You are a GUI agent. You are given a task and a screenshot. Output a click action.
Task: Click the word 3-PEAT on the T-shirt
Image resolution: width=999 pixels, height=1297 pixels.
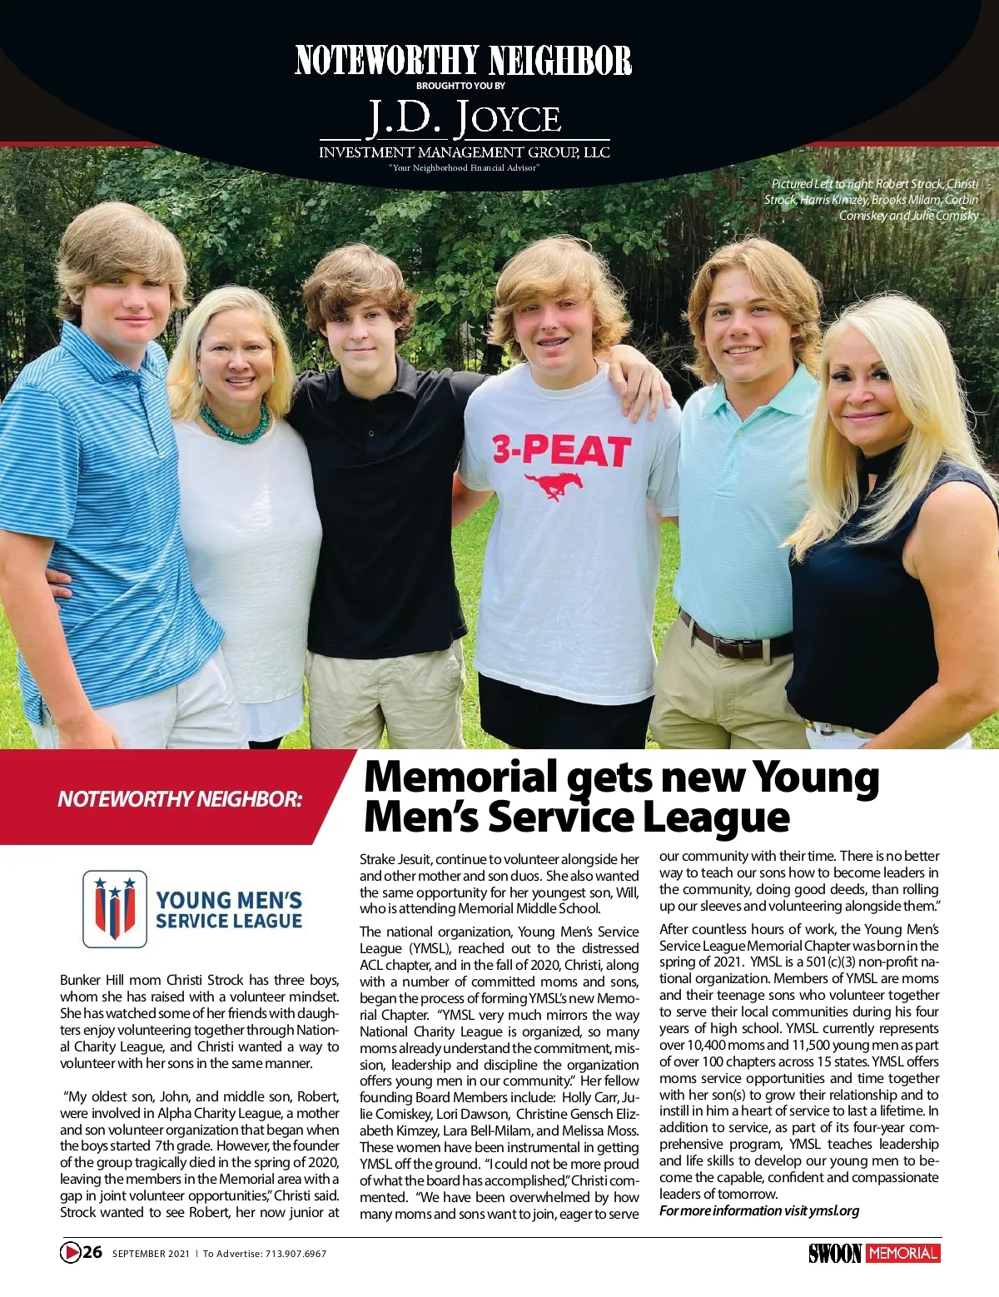point(560,450)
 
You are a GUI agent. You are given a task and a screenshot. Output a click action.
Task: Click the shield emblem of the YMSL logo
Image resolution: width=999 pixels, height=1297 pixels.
point(115,909)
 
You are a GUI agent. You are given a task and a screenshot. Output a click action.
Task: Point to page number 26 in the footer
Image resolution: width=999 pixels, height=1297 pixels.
point(92,1252)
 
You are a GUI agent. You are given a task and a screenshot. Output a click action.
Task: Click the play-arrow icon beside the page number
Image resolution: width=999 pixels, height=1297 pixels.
point(70,1252)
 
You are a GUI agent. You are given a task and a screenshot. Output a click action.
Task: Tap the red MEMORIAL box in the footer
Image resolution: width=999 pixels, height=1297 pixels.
point(902,1253)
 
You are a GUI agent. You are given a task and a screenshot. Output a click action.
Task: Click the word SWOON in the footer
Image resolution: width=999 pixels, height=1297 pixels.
point(834,1253)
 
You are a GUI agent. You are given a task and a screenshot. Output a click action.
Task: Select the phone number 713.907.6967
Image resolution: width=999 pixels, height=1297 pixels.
point(296,1254)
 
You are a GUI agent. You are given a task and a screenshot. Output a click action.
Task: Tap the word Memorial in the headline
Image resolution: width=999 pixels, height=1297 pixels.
point(460,777)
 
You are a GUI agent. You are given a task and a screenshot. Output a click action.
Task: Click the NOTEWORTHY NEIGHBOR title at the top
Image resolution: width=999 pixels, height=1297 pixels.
point(463,61)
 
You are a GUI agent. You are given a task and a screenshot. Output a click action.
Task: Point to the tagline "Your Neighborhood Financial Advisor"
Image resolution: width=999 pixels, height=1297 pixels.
point(465,168)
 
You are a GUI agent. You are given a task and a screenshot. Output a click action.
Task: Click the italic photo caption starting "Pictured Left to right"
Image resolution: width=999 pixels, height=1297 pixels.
point(872,199)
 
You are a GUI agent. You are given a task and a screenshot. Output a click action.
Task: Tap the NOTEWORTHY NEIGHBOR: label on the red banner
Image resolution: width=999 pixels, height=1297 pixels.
point(179,799)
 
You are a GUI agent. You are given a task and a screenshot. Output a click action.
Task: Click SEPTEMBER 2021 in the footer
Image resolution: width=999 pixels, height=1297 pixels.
point(151,1254)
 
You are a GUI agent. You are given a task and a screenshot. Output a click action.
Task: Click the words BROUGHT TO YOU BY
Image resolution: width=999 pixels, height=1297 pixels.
point(460,86)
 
